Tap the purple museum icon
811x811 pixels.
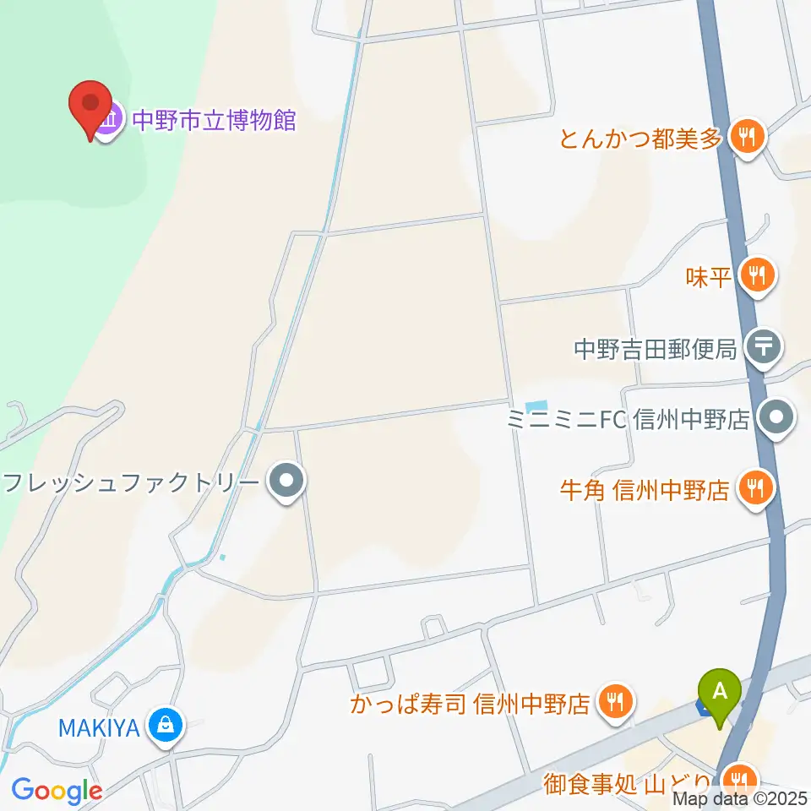pos(110,120)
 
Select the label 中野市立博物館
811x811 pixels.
pos(212,120)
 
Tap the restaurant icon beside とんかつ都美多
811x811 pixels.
pos(746,136)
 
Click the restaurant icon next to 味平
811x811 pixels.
pos(755,276)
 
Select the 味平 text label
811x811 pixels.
pos(708,277)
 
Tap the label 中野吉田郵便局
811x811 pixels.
pos(656,347)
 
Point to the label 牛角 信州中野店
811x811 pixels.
pos(644,489)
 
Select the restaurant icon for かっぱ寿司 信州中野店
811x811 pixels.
pos(616,702)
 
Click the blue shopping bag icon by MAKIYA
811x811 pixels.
pos(166,725)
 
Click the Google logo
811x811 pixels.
pos(57,791)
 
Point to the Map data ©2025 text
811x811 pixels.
pos(740,798)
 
